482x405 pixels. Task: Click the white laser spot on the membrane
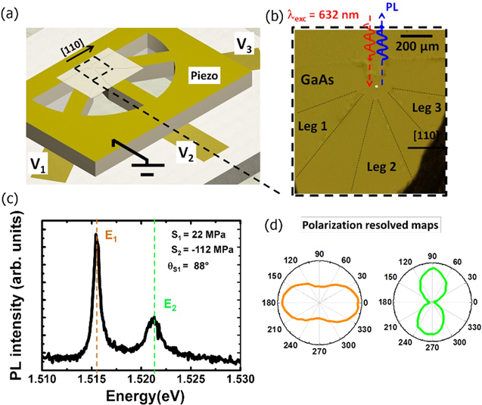coord(376,88)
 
